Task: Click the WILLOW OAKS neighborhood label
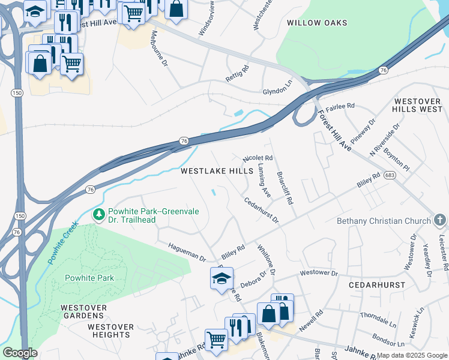click(x=317, y=23)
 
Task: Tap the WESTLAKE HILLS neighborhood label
click(x=217, y=171)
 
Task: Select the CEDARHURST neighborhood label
click(x=379, y=284)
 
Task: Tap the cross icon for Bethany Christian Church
click(x=440, y=220)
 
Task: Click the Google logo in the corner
click(x=20, y=353)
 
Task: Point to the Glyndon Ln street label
click(x=277, y=92)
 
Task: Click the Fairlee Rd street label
click(x=340, y=106)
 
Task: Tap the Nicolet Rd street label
click(x=258, y=158)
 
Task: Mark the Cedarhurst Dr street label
click(x=261, y=210)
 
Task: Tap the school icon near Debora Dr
click(x=221, y=278)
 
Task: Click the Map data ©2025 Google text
click(x=411, y=355)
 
